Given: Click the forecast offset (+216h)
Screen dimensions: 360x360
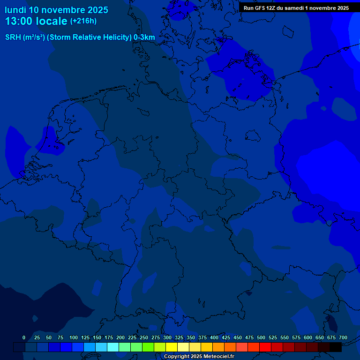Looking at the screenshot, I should coord(83,21).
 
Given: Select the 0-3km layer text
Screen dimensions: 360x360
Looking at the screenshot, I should coord(144,37).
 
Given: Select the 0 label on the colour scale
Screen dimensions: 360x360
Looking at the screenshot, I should coord(24,337).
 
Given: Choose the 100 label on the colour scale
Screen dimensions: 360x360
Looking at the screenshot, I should coord(74,337).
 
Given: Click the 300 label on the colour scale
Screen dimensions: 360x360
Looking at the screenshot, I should coord(167,337).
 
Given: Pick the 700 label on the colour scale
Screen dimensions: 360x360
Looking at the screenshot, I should coord(343,337).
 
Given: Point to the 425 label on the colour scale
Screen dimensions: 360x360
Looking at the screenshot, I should coord(226,337).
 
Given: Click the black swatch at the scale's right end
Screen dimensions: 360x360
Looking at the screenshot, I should coord(336,347).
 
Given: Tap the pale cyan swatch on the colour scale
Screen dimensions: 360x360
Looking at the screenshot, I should coord(113,347).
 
